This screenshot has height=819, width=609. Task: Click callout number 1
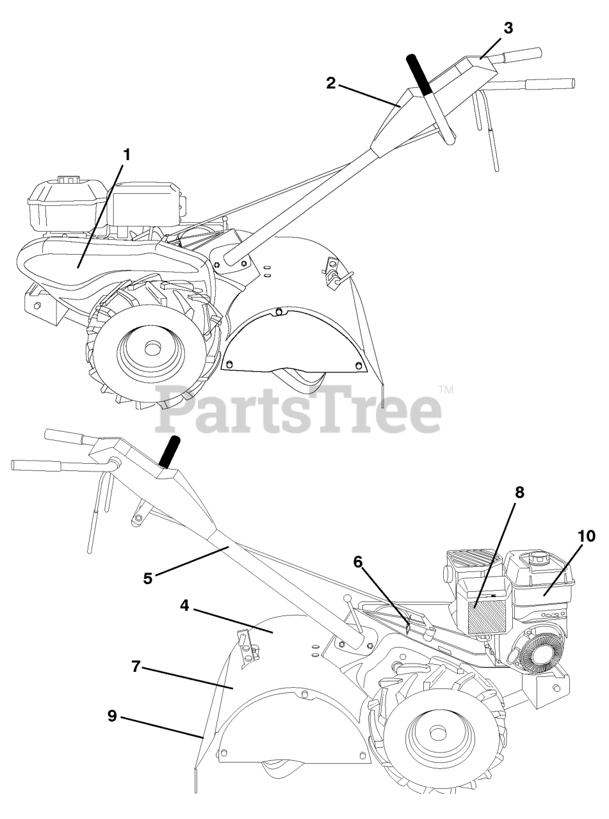pyautogui.click(x=127, y=155)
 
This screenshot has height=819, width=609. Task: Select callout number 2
pyautogui.click(x=330, y=83)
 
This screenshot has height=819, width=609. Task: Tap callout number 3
pyautogui.click(x=508, y=28)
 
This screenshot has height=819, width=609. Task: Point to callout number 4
pyautogui.click(x=184, y=605)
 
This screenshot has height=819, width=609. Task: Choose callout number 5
pyautogui.click(x=148, y=578)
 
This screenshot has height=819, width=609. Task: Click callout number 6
pyautogui.click(x=358, y=562)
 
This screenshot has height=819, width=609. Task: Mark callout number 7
pyautogui.click(x=136, y=667)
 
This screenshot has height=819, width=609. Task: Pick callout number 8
pyautogui.click(x=519, y=492)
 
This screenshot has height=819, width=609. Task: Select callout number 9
pyautogui.click(x=112, y=716)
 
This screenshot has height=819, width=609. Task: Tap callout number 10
pyautogui.click(x=587, y=536)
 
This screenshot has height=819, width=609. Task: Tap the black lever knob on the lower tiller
pyautogui.click(x=172, y=452)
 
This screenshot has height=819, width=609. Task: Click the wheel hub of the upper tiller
pyautogui.click(x=152, y=349)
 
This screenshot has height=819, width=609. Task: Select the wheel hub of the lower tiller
pyautogui.click(x=438, y=732)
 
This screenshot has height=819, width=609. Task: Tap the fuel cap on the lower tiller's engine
pyautogui.click(x=535, y=559)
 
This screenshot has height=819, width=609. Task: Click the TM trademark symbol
pyautogui.click(x=446, y=389)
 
